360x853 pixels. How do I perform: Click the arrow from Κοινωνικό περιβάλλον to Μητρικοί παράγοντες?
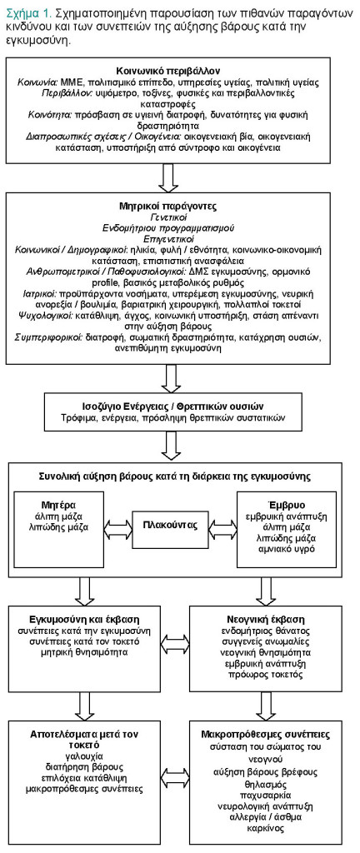click(169, 177)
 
